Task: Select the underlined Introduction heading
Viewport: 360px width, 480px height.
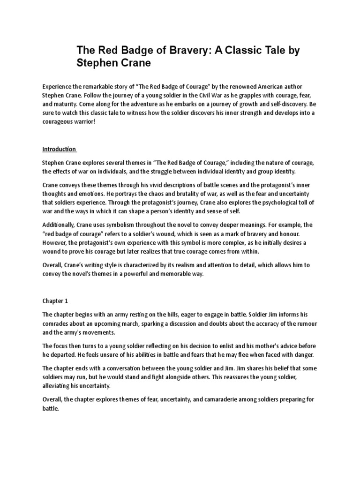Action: [59, 149]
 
